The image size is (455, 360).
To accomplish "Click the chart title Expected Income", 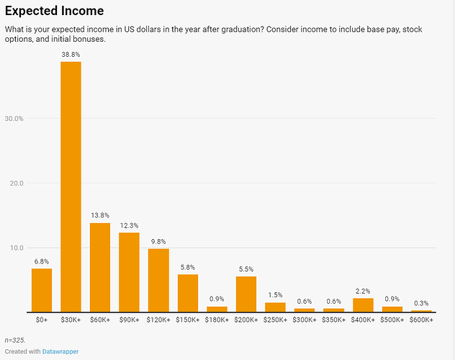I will pos(55,12).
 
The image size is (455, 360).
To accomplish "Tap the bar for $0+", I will pos(42,289).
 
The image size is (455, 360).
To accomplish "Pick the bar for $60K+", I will pos(100,267).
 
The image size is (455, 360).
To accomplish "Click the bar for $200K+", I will pos(246,294).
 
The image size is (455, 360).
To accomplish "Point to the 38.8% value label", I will pos(71,54).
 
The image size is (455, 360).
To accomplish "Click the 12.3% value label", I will pos(129,225).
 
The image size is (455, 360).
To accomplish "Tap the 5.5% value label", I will pos(246,269).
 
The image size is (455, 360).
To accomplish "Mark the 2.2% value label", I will pos(363,291).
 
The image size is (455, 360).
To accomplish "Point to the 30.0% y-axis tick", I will pos(15,118).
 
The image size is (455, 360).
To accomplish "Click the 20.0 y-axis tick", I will pos(17,183).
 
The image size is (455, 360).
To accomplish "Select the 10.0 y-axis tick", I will pos(17,248).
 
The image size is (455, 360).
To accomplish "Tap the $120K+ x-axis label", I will pos(158,318).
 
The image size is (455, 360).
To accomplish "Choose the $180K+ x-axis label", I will pos(217,318).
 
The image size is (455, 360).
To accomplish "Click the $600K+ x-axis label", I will pos(421,318).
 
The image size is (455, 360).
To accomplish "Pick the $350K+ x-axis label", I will pos(333,318).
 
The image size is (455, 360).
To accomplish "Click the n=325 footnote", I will pos(15,339).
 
